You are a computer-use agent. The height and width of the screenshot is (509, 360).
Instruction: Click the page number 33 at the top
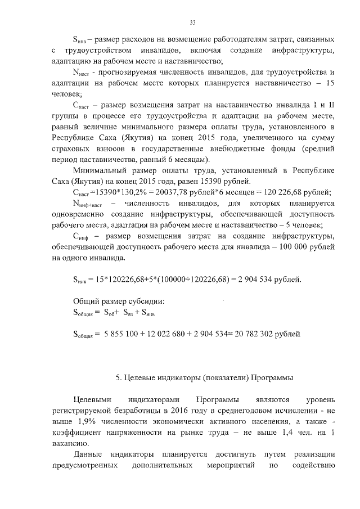(192, 22)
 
